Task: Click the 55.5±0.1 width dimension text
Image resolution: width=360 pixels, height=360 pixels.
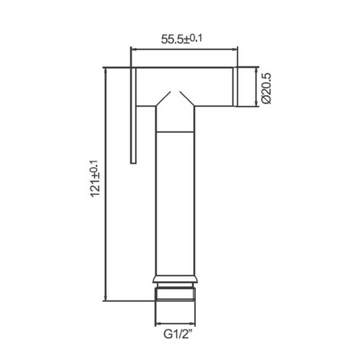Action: click(x=182, y=39)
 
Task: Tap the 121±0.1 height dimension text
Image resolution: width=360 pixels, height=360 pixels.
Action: click(x=95, y=178)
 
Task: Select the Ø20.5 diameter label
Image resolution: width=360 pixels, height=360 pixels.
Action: click(x=266, y=88)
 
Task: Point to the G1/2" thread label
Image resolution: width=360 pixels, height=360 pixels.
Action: click(x=178, y=334)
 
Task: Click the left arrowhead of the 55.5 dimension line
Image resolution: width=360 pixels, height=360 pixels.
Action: click(x=133, y=49)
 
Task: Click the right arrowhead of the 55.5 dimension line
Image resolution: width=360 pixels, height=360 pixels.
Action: click(x=235, y=49)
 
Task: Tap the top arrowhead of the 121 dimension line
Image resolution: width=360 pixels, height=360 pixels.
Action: click(x=105, y=71)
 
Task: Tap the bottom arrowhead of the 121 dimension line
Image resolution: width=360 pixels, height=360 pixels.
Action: click(x=105, y=298)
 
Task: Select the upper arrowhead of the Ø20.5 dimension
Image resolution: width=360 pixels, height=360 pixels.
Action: click(x=256, y=70)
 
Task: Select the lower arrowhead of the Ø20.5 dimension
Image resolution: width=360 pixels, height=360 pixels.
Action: click(x=256, y=103)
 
